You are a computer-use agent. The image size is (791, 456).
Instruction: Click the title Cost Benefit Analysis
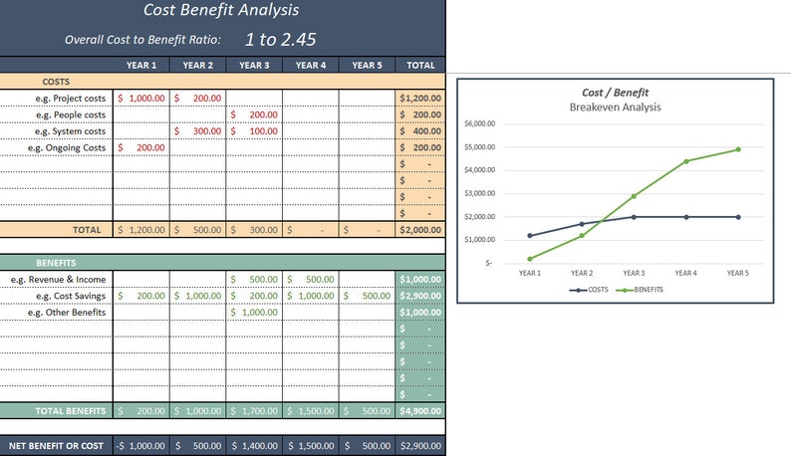pyautogui.click(x=220, y=11)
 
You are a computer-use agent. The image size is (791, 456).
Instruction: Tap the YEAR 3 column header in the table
pyautogui.click(x=254, y=66)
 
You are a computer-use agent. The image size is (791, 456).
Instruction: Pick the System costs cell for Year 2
pyautogui.click(x=197, y=131)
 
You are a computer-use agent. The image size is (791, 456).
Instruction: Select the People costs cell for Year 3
pyautogui.click(x=254, y=114)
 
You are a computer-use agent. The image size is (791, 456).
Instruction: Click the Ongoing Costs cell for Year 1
pyautogui.click(x=141, y=147)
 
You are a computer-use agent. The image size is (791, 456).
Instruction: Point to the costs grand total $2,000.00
pyautogui.click(x=420, y=229)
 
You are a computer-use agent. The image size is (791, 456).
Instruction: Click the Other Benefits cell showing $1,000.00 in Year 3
pyautogui.click(x=254, y=312)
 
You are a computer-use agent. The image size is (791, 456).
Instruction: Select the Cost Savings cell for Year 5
pyautogui.click(x=367, y=296)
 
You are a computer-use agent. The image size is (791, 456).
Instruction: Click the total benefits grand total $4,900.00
pyautogui.click(x=420, y=410)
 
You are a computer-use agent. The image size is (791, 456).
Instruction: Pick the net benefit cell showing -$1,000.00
pyautogui.click(x=141, y=446)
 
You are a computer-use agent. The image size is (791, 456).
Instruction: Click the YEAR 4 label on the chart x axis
pyautogui.click(x=685, y=271)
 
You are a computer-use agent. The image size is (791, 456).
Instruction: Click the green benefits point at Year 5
pyautogui.click(x=738, y=149)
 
